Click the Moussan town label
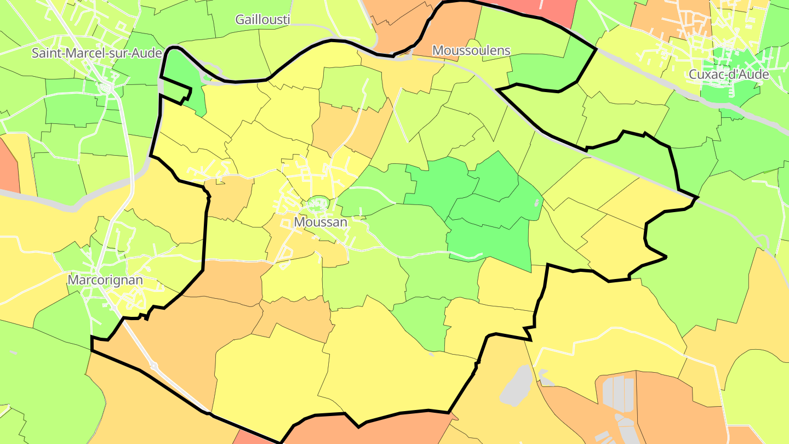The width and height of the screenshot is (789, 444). (x=321, y=222)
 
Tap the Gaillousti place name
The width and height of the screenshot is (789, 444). (x=262, y=20)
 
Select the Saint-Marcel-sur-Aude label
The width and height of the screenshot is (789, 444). (x=97, y=53)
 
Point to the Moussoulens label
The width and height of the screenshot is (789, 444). (x=471, y=50)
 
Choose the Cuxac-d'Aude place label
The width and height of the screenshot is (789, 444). (x=729, y=75)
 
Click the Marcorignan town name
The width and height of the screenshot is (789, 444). (x=105, y=280)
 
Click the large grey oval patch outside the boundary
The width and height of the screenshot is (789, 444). (x=516, y=386)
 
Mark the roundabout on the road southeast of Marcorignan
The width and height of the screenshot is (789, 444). (x=154, y=365)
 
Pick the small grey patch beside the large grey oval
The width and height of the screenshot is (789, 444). (x=544, y=377)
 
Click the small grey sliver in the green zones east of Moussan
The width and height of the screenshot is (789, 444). (x=536, y=203)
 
